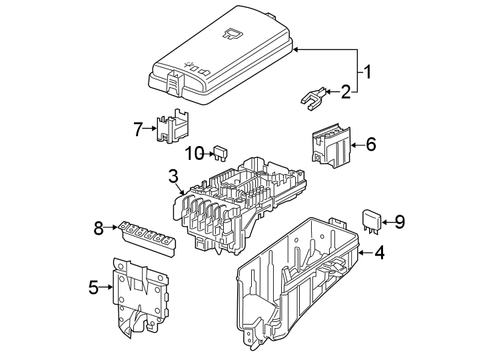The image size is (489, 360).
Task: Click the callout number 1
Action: [x=367, y=70]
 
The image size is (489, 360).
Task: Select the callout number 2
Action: [x=346, y=92]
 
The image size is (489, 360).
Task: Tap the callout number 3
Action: [x=173, y=177]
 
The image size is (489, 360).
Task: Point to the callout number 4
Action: [x=379, y=253]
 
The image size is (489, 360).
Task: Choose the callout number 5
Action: [x=93, y=287]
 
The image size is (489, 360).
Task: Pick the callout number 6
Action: [x=371, y=144]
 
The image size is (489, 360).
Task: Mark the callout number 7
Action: [x=138, y=129]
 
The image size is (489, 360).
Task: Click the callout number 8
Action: [x=99, y=229]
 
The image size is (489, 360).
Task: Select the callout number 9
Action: [x=400, y=222]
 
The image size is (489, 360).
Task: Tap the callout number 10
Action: [x=194, y=153]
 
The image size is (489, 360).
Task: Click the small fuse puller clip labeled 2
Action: [x=313, y=97]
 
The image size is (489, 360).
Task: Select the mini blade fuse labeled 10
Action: [x=219, y=153]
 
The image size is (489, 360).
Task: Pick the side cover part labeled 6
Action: [x=331, y=143]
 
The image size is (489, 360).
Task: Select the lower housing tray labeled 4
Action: [x=300, y=280]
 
